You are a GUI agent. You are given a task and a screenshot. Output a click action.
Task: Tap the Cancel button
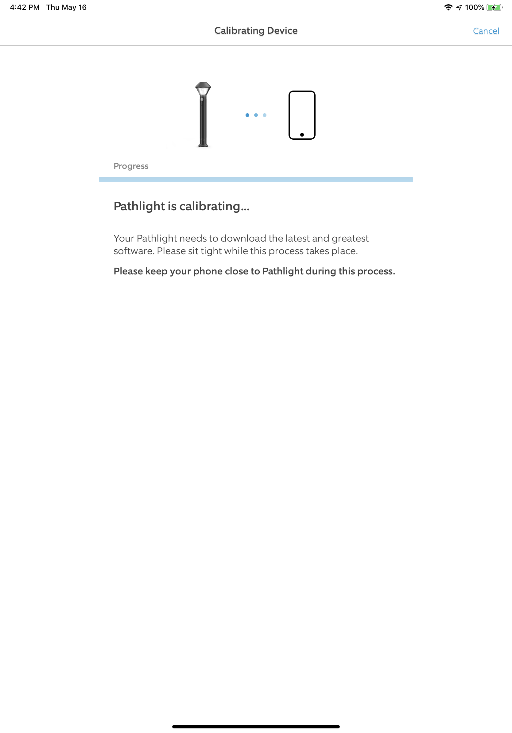(x=486, y=31)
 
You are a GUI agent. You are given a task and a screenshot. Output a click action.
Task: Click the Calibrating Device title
(x=256, y=31)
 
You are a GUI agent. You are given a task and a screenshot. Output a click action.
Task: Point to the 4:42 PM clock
(x=25, y=7)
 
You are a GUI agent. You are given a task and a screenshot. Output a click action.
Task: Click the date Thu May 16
(x=66, y=7)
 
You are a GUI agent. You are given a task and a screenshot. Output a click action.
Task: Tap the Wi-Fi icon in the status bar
(x=448, y=7)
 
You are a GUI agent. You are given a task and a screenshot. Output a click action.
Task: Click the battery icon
(x=494, y=7)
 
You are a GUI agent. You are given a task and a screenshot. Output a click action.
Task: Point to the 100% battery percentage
(x=474, y=7)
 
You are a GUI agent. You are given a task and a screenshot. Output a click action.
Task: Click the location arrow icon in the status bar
(x=459, y=7)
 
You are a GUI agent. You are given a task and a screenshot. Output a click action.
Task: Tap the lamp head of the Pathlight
(x=203, y=88)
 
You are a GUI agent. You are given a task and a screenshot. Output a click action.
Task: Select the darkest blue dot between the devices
(x=247, y=115)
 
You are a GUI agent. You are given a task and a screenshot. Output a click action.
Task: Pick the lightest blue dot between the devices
(x=265, y=115)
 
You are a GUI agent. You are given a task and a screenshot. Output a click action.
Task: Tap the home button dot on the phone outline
(x=302, y=135)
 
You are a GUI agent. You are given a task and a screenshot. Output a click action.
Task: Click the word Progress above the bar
(x=131, y=166)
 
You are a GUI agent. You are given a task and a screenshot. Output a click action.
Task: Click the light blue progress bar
(x=256, y=179)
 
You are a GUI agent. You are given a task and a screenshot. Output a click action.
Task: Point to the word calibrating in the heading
(x=209, y=207)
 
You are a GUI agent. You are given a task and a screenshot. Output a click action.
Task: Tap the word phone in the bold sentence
(x=208, y=271)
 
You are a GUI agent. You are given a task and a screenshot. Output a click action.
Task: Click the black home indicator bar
(x=256, y=727)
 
